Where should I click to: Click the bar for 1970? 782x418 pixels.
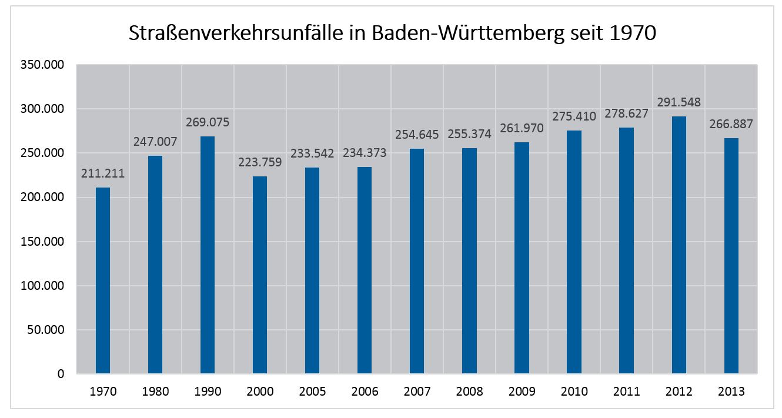[103, 280]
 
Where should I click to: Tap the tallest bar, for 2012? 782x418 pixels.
[679, 245]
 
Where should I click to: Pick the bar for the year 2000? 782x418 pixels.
[260, 275]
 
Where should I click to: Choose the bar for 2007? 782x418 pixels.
[417, 261]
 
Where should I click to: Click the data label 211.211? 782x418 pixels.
[103, 174]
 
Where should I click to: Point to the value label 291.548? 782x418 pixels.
[679, 102]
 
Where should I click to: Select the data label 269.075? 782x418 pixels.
[208, 123]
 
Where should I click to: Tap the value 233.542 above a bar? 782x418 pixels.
[312, 154]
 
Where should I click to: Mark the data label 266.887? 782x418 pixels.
[731, 125]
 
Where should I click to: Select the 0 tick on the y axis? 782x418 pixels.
[61, 374]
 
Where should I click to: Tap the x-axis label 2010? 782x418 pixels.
[574, 392]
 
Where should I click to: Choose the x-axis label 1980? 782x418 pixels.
[155, 392]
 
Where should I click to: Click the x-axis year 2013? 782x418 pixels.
[731, 392]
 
